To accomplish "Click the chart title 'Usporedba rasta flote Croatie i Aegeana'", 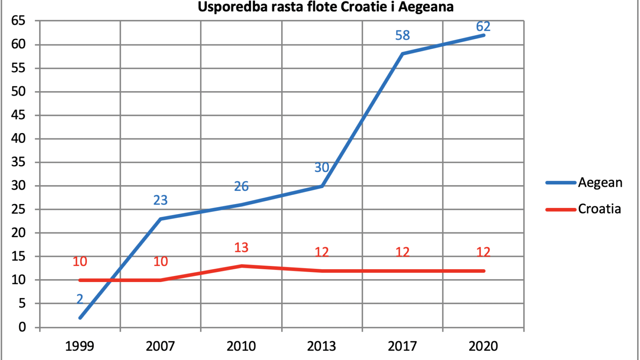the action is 326,6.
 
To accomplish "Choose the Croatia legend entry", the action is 583,209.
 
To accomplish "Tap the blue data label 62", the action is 483,26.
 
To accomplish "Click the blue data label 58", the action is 402,36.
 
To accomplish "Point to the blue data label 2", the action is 80,299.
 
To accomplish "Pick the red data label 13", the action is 241,248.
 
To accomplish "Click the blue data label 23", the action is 160,200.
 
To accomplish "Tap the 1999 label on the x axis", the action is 80,346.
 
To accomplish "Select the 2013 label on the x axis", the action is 322,346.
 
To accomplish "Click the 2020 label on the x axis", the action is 483,346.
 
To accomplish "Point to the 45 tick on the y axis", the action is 18,115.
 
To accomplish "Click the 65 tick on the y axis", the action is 18,21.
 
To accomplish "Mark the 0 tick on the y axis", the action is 22,327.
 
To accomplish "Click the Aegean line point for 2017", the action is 402,54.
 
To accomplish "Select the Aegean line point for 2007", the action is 160,219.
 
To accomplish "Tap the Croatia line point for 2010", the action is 242,266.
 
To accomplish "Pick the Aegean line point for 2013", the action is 322,186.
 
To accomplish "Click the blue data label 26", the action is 241,186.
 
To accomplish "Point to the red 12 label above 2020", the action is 483,252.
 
